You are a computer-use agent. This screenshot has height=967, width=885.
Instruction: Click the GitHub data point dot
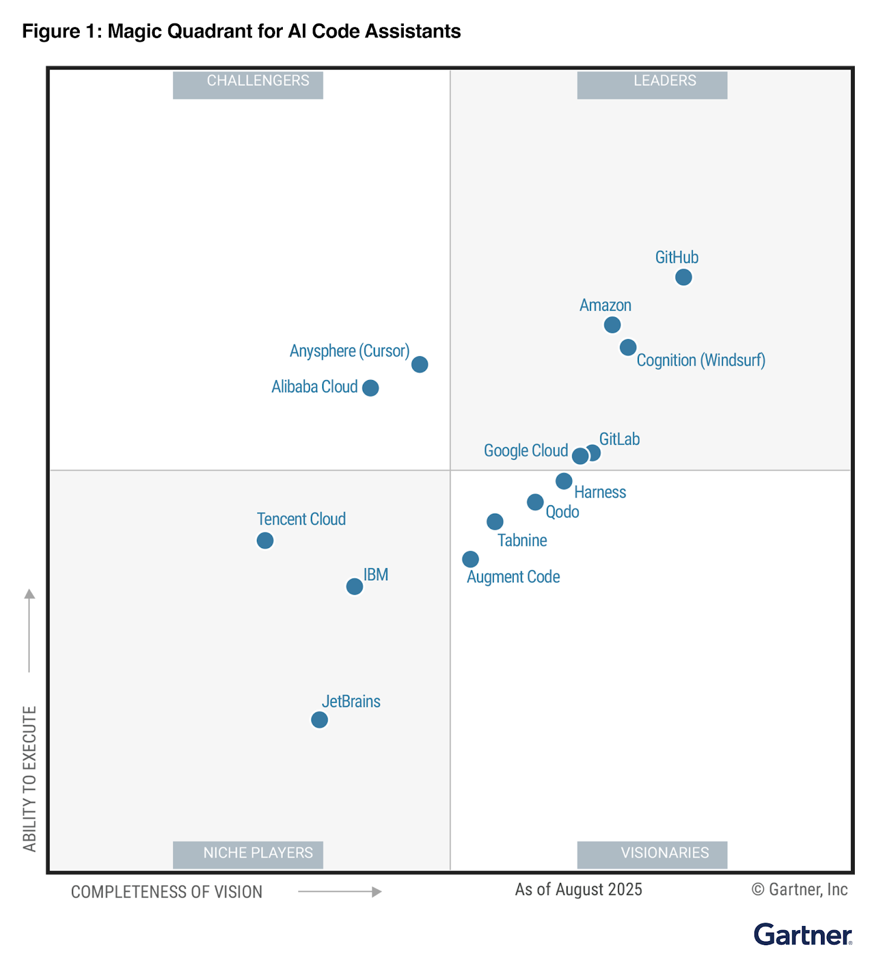(683, 277)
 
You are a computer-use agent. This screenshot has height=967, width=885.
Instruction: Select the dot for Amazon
(612, 325)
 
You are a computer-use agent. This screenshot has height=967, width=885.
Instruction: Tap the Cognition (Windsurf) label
(701, 360)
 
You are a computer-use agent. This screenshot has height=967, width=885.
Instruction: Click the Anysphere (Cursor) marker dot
(420, 364)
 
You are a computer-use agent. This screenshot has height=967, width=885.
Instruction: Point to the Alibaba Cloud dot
(371, 388)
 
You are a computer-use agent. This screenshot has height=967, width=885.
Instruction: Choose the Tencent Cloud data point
(265, 540)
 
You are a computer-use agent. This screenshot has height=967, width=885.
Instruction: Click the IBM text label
(375, 575)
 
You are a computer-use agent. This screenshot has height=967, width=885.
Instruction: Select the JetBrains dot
(319, 720)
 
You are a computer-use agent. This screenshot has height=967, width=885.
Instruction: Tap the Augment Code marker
(470, 559)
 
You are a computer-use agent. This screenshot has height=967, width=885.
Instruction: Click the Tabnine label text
(522, 540)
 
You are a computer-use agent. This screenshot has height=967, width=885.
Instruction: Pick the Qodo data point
(535, 502)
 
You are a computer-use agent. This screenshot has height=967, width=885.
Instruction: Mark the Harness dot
(564, 481)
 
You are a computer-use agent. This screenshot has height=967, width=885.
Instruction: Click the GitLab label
(619, 439)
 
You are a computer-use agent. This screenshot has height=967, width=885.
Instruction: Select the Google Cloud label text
(525, 451)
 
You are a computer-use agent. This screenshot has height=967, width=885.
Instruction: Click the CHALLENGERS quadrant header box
(248, 84)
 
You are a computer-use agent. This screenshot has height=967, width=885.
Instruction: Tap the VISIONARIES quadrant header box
(652, 854)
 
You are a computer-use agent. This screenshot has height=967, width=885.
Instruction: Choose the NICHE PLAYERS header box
(248, 854)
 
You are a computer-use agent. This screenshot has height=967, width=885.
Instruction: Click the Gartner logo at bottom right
(802, 934)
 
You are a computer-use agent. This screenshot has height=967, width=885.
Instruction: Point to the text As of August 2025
(578, 890)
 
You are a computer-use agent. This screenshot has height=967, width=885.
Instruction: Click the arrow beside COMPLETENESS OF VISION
(340, 891)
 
